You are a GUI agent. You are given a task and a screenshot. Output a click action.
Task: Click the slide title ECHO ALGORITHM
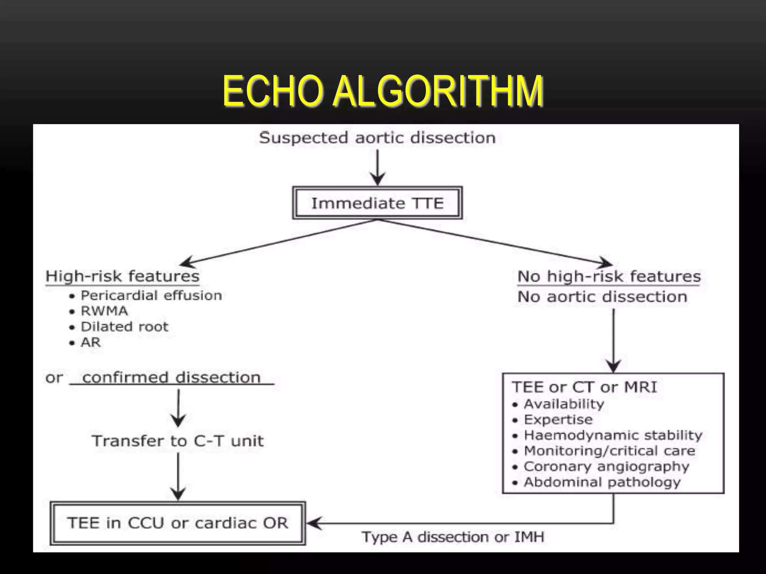point(383,91)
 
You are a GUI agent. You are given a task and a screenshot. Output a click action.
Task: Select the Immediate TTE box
point(377,203)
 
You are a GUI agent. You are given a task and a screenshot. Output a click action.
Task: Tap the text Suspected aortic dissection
point(377,138)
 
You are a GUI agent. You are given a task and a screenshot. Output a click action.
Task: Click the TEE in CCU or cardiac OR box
point(178,523)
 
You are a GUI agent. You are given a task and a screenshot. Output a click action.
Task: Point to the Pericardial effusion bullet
point(151,296)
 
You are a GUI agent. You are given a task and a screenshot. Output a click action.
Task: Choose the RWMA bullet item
point(104,311)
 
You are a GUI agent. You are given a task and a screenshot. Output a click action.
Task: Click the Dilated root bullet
point(124,327)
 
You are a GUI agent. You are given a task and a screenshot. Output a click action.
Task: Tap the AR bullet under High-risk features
point(91,342)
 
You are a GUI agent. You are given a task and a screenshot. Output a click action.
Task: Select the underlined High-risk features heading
point(122,277)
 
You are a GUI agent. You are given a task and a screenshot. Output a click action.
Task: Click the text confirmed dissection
point(171,377)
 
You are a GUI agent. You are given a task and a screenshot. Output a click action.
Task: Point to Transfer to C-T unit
point(178,441)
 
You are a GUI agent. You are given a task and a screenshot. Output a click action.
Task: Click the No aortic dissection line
point(602,297)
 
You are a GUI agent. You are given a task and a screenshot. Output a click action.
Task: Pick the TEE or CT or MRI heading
point(584,387)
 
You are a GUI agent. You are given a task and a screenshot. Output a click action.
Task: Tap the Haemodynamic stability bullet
point(613,435)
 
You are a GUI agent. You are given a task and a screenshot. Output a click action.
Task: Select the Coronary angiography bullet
point(606,466)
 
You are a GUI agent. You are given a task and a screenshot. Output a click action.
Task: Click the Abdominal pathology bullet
point(602,482)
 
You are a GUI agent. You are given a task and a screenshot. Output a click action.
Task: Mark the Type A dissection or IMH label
point(453,537)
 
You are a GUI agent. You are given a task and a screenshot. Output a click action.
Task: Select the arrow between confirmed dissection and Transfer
point(178,408)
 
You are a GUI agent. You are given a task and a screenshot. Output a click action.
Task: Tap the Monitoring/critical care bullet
point(609,451)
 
